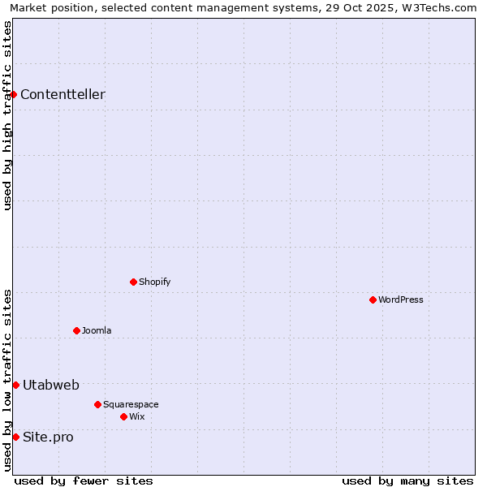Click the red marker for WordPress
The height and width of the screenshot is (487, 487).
point(373,300)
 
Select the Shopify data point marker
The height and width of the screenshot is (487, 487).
point(133,282)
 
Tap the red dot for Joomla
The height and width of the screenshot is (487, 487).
point(76,330)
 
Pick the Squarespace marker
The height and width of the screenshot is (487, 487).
point(97,404)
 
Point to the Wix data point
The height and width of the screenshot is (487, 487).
point(123,416)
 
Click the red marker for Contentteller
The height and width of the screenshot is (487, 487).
point(13,94)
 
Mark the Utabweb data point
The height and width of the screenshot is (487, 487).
point(15,385)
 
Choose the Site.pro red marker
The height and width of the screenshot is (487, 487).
point(15,437)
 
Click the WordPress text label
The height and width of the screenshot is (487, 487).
point(401,300)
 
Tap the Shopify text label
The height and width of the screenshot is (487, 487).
point(154,282)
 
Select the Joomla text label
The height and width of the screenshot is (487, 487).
point(97,330)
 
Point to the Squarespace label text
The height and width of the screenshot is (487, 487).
point(131,404)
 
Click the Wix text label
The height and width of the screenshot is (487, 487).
point(136,416)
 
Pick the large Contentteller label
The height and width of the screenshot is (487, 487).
point(62,94)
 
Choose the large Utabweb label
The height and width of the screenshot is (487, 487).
point(51,385)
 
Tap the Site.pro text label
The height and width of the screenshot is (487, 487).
point(48,437)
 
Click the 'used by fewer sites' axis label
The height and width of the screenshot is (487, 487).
point(84,481)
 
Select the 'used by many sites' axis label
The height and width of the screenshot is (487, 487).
point(407,481)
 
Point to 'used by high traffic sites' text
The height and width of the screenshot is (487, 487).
point(7,115)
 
